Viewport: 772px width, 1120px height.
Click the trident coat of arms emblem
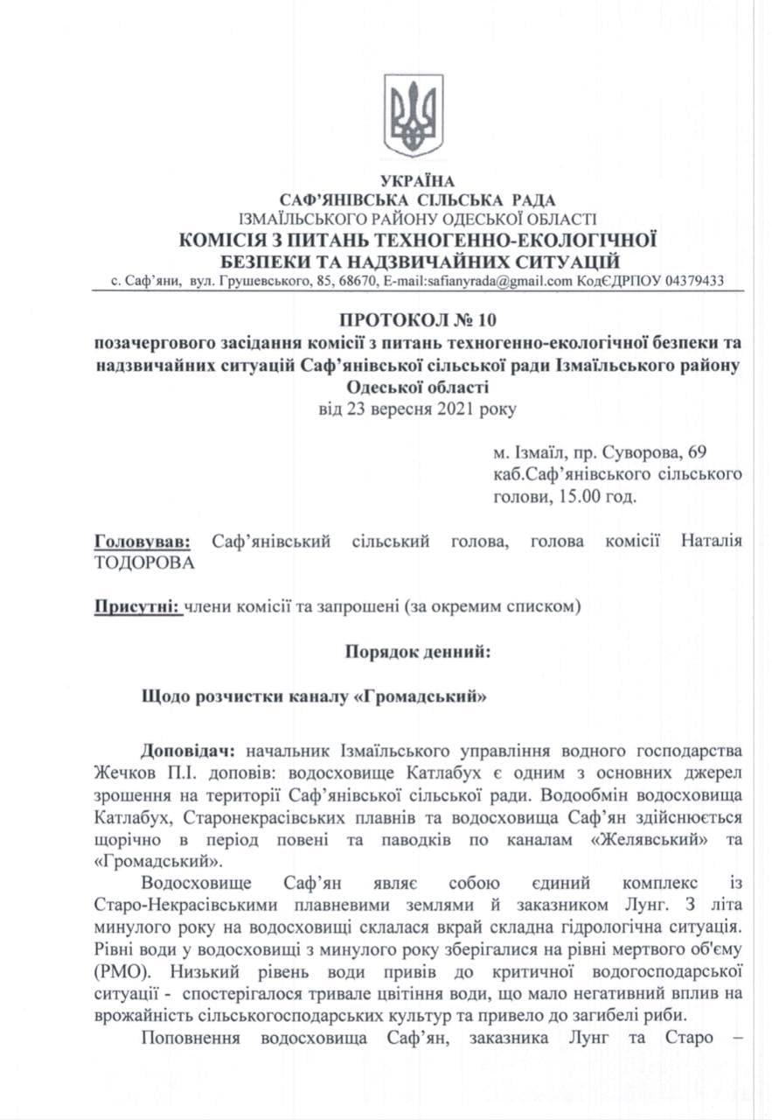(414, 115)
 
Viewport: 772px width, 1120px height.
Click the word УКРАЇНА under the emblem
(414, 183)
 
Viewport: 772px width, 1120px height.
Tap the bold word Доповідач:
(191, 752)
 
